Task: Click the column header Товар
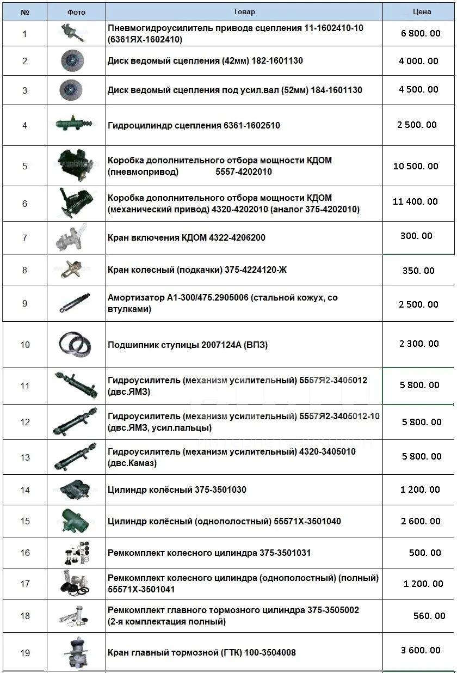[244, 11]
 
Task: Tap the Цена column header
[422, 11]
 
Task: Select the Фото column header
[76, 12]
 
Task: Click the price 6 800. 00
[421, 33]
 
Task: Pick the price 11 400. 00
[415, 201]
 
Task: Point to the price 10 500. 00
[415, 166]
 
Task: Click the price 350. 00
[418, 271]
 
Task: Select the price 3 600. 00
[421, 650]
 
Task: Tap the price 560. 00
[429, 616]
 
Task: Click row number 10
[25, 345]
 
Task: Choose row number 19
[25, 653]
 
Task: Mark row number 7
[24, 238]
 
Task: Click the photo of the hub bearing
[76, 344]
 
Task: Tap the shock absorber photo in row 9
[76, 303]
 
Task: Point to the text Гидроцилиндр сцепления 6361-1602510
[194, 125]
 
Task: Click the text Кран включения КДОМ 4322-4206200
[187, 238]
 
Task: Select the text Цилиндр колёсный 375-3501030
[177, 490]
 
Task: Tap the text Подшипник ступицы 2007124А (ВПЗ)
[188, 345]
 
